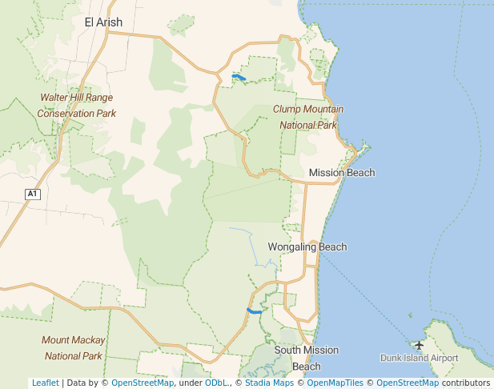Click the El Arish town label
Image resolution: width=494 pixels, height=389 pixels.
click(103, 22)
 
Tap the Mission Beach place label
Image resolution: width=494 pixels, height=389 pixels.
click(341, 173)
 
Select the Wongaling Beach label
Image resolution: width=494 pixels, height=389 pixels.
click(307, 247)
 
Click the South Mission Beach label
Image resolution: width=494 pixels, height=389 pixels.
click(306, 358)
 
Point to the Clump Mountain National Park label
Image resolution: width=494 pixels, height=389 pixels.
click(308, 117)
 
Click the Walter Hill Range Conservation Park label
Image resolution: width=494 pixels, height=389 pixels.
click(76, 106)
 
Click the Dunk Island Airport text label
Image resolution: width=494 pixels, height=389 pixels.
click(419, 359)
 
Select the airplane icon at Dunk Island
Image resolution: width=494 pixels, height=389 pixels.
click(419, 345)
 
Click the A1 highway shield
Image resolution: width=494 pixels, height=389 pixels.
click(32, 194)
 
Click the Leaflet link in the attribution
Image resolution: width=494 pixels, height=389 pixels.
click(45, 383)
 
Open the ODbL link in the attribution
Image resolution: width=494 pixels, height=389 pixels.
click(216, 383)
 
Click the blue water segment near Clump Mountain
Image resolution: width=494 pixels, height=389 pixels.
click(238, 77)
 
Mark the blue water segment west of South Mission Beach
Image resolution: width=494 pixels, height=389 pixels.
click(254, 311)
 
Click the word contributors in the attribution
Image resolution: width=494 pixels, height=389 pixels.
click(466, 383)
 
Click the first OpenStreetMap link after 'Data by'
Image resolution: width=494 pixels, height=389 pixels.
click(143, 383)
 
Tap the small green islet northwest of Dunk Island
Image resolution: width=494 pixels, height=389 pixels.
click(410, 315)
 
